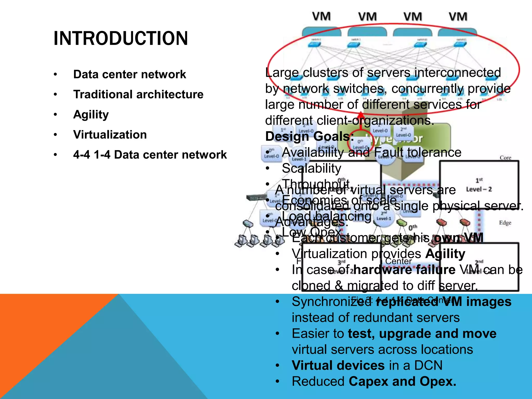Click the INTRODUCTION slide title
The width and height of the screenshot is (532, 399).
(121, 38)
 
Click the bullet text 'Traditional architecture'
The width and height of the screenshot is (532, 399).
(138, 94)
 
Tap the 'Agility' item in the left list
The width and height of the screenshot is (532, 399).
(91, 114)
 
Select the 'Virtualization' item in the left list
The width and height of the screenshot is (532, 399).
(110, 135)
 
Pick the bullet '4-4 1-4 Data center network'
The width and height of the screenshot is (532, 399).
(150, 155)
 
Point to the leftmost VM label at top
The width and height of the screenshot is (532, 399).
(321, 17)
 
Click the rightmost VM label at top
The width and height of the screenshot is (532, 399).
(458, 17)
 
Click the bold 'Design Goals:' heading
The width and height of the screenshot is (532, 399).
(310, 136)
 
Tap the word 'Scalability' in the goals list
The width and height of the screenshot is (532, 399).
(311, 168)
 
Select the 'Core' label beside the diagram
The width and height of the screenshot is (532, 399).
(505, 158)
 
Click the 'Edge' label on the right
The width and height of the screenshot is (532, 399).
(505, 223)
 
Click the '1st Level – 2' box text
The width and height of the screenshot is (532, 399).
(479, 185)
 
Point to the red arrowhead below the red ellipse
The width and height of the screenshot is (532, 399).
(361, 115)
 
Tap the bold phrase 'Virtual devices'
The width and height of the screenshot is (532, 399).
(338, 365)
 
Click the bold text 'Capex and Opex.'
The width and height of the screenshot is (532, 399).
(402, 382)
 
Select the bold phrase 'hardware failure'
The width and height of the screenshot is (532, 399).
(404, 270)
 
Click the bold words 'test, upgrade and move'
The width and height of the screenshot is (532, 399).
(422, 334)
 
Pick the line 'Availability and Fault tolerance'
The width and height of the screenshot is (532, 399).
(371, 152)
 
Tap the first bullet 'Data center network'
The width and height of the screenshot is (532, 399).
(130, 74)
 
